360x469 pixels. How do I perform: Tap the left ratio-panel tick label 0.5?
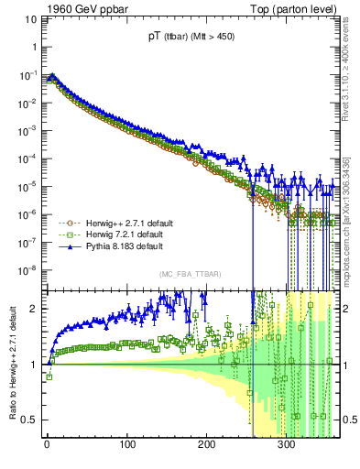point(29,420)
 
